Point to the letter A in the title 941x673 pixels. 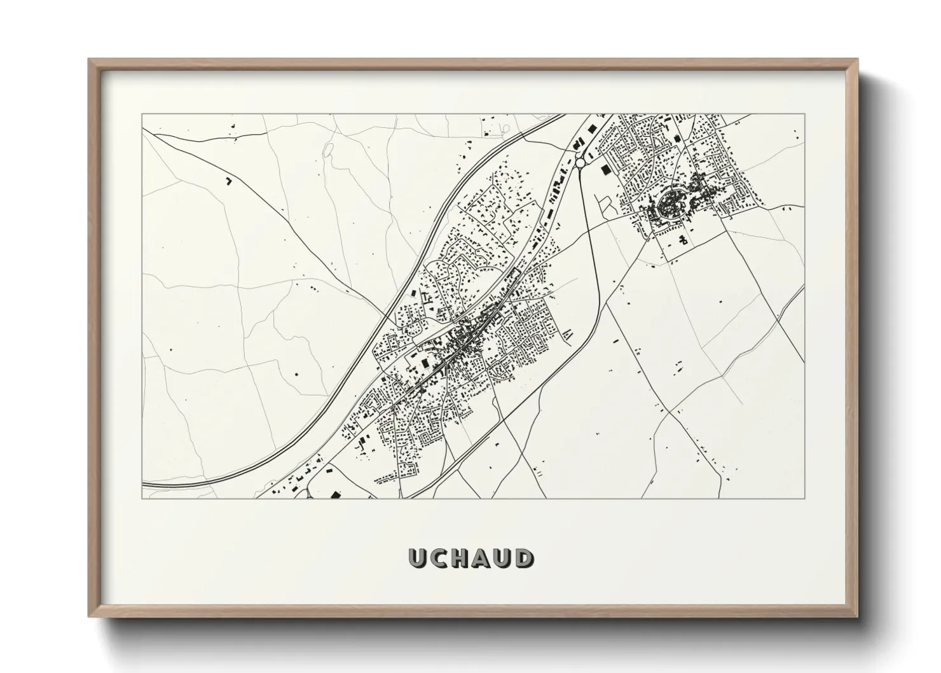pyautogui.click(x=481, y=558)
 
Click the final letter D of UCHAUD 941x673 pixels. pyautogui.click(x=525, y=558)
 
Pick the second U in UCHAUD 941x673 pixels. pyautogui.click(x=503, y=558)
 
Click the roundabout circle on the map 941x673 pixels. pyautogui.click(x=580, y=163)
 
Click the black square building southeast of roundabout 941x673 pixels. pyautogui.click(x=605, y=169)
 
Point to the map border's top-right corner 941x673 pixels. pyautogui.click(x=804, y=114)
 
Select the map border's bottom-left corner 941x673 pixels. pyautogui.click(x=142, y=498)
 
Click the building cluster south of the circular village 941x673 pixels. pyautogui.click(x=683, y=240)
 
